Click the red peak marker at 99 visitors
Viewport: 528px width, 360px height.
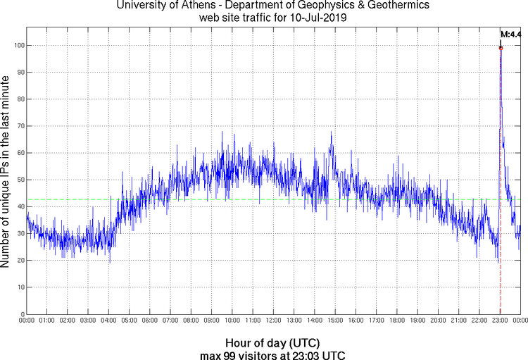coord(501,48)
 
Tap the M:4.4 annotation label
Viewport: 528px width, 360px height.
coord(510,34)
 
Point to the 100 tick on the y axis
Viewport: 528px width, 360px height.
coord(18,45)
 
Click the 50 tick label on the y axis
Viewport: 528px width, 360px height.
coord(20,180)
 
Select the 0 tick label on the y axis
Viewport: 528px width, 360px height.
coord(22,314)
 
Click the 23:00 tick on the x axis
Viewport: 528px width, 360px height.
coord(500,321)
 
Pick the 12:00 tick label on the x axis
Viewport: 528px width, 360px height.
coord(273,321)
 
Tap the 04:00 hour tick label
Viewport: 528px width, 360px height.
coord(108,321)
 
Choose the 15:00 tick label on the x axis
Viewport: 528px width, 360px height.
coord(335,321)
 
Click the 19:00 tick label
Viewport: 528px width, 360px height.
coord(417,321)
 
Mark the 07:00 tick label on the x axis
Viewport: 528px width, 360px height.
coord(170,321)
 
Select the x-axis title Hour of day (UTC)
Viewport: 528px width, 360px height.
coord(264,342)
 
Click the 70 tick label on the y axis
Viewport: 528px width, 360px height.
coord(20,126)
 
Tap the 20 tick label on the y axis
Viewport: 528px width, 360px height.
coord(20,261)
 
